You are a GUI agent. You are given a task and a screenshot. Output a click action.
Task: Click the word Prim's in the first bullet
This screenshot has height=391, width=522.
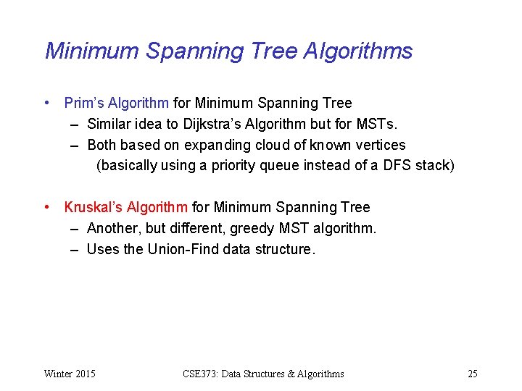pyautogui.click(x=82, y=104)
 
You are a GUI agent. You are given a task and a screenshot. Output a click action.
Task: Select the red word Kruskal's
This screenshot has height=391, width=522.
pyautogui.click(x=94, y=208)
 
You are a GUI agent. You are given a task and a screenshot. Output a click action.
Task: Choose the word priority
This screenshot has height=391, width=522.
pyautogui.click(x=233, y=166)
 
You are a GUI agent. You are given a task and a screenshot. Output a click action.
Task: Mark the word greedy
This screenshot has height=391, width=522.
pyautogui.click(x=253, y=229)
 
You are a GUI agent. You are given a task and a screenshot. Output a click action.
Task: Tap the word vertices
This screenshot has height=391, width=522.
pyautogui.click(x=380, y=145)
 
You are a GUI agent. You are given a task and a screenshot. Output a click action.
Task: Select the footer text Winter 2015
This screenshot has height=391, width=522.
pyautogui.click(x=70, y=374)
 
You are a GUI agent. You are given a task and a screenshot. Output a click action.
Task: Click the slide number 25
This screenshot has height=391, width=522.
pyautogui.click(x=472, y=374)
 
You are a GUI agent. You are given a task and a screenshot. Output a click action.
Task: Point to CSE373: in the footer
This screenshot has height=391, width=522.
pyautogui.click(x=202, y=374)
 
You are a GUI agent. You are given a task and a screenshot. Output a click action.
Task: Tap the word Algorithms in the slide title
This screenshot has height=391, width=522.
pyautogui.click(x=358, y=51)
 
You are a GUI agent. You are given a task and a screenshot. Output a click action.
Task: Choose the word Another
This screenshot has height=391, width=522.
pyautogui.click(x=112, y=229)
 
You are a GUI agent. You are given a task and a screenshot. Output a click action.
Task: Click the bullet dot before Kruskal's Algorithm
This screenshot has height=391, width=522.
pyautogui.click(x=47, y=208)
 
